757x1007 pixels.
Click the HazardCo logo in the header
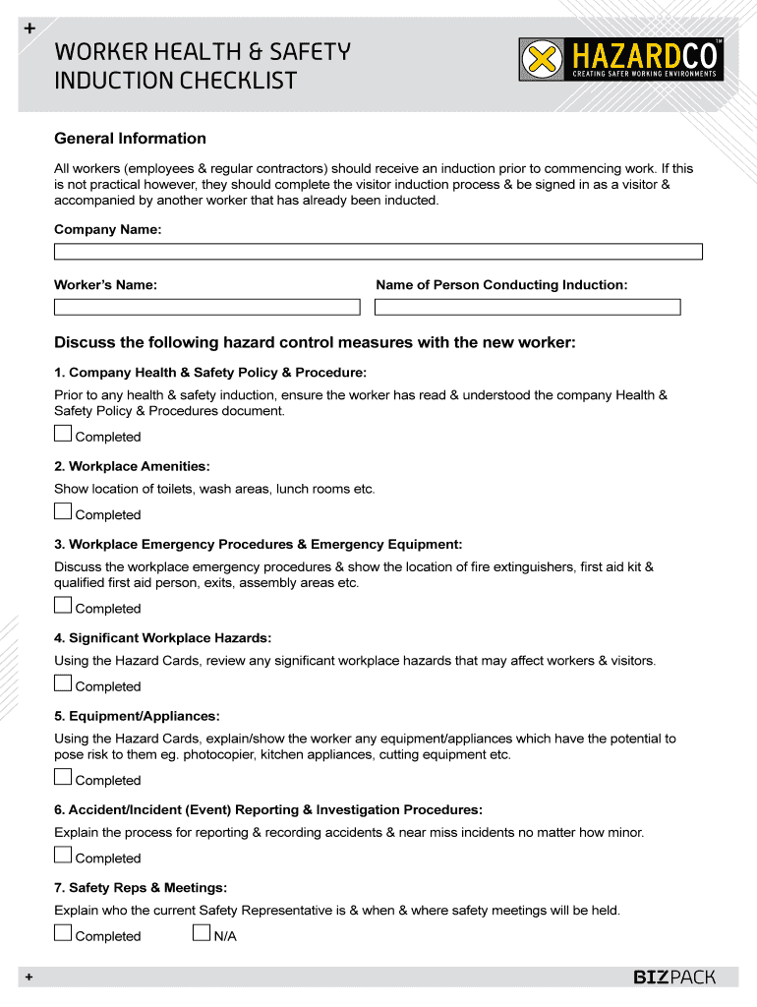pos(621,60)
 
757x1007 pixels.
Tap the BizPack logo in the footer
pos(673,977)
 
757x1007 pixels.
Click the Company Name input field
pos(378,252)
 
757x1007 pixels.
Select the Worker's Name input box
pos(206,307)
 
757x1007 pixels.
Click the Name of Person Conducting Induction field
pos(527,307)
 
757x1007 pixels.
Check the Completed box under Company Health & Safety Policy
pos(63,434)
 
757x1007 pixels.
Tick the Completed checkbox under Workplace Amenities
pos(63,511)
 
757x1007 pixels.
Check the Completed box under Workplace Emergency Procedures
pos(63,606)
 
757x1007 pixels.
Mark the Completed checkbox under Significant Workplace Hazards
pos(63,683)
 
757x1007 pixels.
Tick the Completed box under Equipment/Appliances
pos(63,777)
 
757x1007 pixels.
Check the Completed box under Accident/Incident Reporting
pos(63,856)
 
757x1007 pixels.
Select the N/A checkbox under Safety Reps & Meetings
pos(202,933)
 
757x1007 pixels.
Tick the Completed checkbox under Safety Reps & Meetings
pos(63,933)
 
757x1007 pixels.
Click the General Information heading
pos(130,139)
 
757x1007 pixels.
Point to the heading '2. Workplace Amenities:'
pos(132,466)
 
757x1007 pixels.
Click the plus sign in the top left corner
pos(29,30)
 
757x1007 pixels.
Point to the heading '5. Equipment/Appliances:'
pos(137,716)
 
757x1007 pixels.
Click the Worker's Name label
pos(105,285)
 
